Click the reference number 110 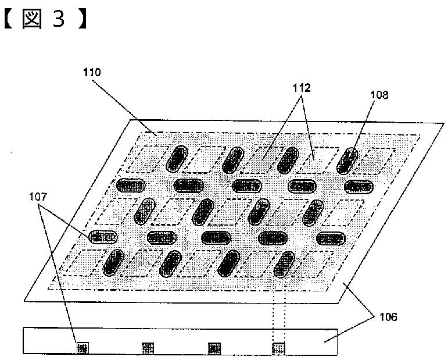coord(91,73)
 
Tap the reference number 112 coord(302,88)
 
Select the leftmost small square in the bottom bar coord(81,348)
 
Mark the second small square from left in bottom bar coord(148,348)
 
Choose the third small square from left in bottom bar coord(214,348)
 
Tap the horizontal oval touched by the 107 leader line coord(103,237)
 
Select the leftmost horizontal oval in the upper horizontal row coord(131,186)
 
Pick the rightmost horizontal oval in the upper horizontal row coord(357,186)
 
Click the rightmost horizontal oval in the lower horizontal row coord(331,238)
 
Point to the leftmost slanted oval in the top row coord(176,159)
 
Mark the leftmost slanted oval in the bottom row coord(113,262)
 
